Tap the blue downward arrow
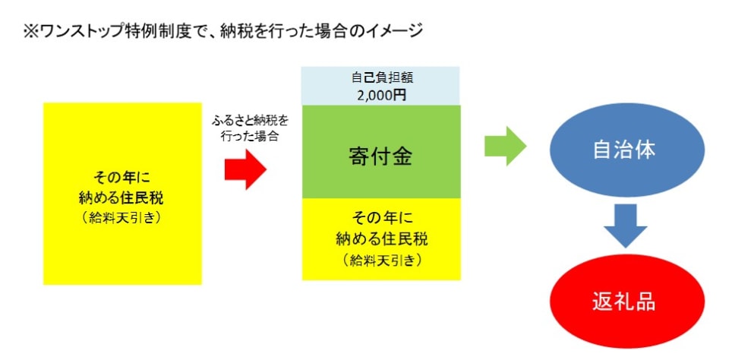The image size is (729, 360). point(625,226)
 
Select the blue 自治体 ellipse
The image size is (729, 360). point(624,150)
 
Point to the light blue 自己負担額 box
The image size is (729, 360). point(380,85)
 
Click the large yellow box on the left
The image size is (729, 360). point(123,194)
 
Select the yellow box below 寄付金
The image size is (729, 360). point(380,238)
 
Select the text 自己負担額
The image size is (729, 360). point(381,77)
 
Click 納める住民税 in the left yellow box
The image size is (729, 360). point(123,200)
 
